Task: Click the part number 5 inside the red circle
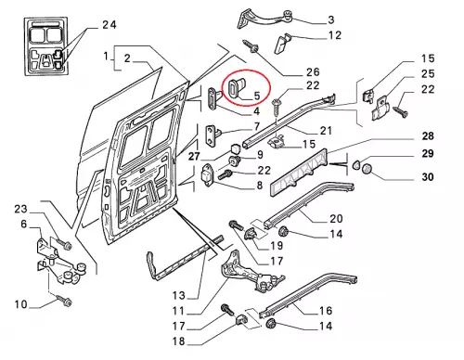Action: pyautogui.click(x=257, y=96)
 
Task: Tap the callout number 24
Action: pyautogui.click(x=110, y=25)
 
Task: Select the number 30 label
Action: pyautogui.click(x=428, y=177)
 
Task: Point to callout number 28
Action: pyautogui.click(x=428, y=135)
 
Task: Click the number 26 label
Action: pyautogui.click(x=313, y=72)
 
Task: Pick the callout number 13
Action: pyautogui.click(x=179, y=296)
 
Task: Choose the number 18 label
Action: pyautogui.click(x=179, y=341)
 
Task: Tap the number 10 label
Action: pyautogui.click(x=20, y=304)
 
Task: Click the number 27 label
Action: pyautogui.click(x=194, y=156)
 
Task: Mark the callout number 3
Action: pyautogui.click(x=331, y=20)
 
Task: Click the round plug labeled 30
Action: pyautogui.click(x=367, y=169)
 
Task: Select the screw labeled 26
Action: pyautogui.click(x=251, y=46)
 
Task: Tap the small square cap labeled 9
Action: pyautogui.click(x=237, y=148)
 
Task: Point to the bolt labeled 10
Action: pyautogui.click(x=64, y=301)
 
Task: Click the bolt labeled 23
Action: pyautogui.click(x=64, y=244)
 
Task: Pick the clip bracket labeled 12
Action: pyautogui.click(x=282, y=44)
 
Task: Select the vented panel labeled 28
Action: pyautogui.click(x=299, y=173)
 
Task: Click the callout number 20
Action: pyautogui.click(x=336, y=219)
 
